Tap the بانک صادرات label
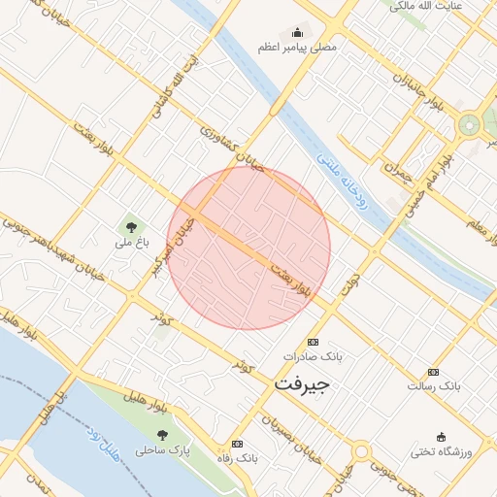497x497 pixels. click(313, 357)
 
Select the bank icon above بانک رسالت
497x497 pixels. click(433, 372)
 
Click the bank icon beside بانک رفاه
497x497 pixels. click(238, 443)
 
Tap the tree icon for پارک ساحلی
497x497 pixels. click(162, 434)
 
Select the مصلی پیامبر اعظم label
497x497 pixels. click(297, 47)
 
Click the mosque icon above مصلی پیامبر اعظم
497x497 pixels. click(297, 32)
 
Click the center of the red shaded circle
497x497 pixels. click(248, 248)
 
